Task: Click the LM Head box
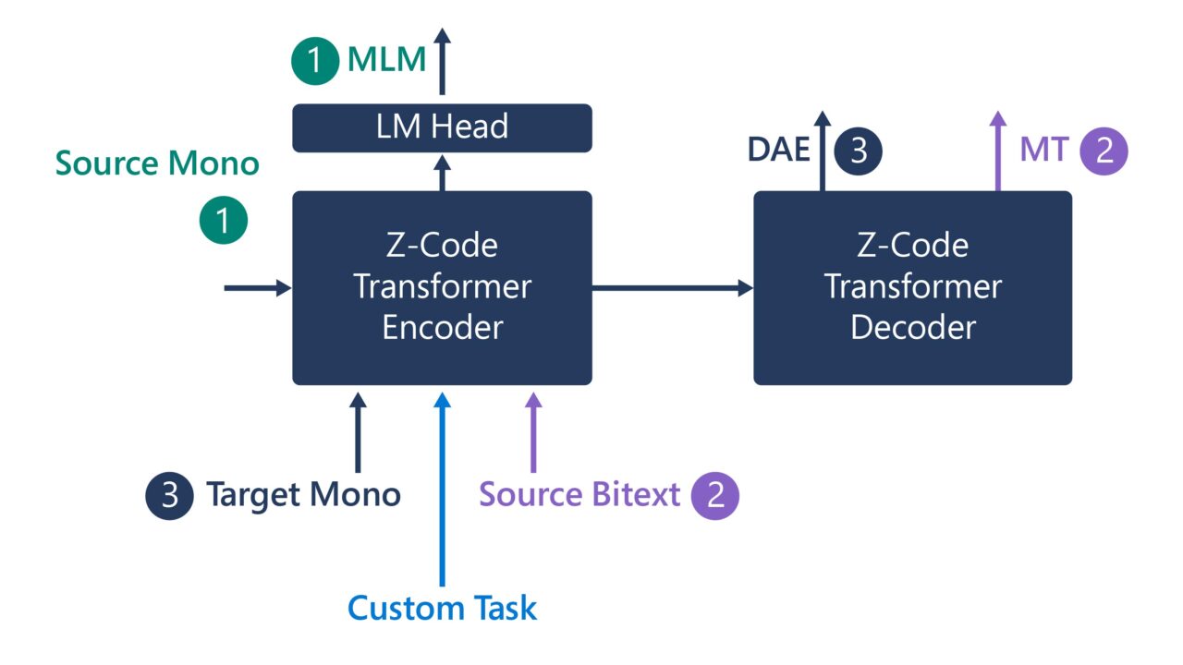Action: pyautogui.click(x=442, y=127)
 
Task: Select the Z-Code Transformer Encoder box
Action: pyautogui.click(x=442, y=287)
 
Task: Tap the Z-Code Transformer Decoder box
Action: pyautogui.click(x=912, y=287)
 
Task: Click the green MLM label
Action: pyautogui.click(x=386, y=61)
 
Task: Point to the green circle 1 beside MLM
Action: pyautogui.click(x=315, y=61)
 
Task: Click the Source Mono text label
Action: pyautogui.click(x=157, y=163)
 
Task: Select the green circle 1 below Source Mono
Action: pyautogui.click(x=224, y=220)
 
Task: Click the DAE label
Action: pyautogui.click(x=779, y=150)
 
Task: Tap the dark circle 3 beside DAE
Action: pyautogui.click(x=859, y=150)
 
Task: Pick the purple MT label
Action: pyautogui.click(x=1043, y=150)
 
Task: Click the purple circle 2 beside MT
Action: pyautogui.click(x=1104, y=150)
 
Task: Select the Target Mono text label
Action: pyautogui.click(x=303, y=495)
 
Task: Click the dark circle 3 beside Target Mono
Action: pyautogui.click(x=169, y=495)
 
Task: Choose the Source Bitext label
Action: pyautogui.click(x=579, y=495)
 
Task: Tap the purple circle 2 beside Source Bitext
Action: pyautogui.click(x=715, y=495)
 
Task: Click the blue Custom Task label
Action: pyautogui.click(x=442, y=609)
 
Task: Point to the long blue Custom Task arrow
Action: pyautogui.click(x=442, y=490)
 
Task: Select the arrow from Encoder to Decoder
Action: pyautogui.click(x=672, y=288)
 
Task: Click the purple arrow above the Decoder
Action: pyautogui.click(x=997, y=151)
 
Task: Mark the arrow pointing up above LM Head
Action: pyautogui.click(x=442, y=61)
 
